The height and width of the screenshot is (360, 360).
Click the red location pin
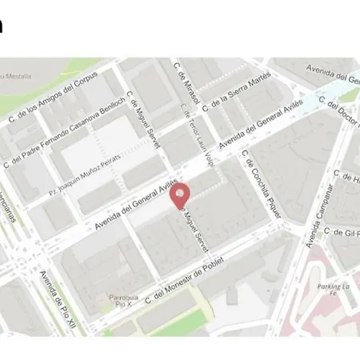[x=182, y=194]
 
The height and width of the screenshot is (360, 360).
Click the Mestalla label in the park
[x=16, y=77]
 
